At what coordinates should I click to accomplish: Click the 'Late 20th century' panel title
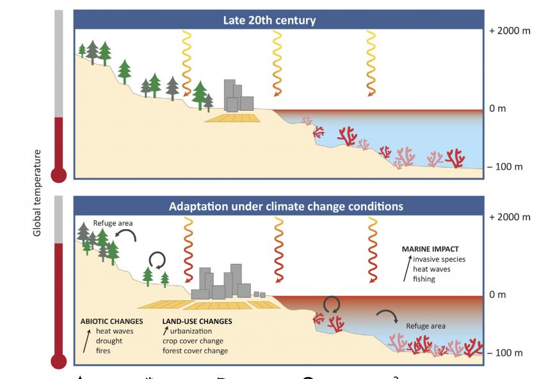pyautogui.click(x=269, y=20)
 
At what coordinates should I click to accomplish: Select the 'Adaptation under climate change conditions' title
pyautogui.click(x=286, y=207)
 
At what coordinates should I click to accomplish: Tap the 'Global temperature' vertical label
pyautogui.click(x=37, y=193)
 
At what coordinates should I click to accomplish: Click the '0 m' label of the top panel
pyautogui.click(x=497, y=108)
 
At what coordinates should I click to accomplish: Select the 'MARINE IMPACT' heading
pyautogui.click(x=430, y=249)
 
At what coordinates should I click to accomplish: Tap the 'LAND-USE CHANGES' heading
pyautogui.click(x=197, y=321)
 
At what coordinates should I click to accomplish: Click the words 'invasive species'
pyautogui.click(x=439, y=259)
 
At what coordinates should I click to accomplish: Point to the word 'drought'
pyautogui.click(x=109, y=341)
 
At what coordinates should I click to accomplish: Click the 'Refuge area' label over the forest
pyautogui.click(x=112, y=223)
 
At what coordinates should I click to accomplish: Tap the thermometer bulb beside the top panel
pyautogui.click(x=59, y=173)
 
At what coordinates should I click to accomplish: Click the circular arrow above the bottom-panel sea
pyautogui.click(x=332, y=303)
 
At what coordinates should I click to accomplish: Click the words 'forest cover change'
pyautogui.click(x=195, y=351)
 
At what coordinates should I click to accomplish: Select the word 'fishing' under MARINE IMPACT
pyautogui.click(x=424, y=279)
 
